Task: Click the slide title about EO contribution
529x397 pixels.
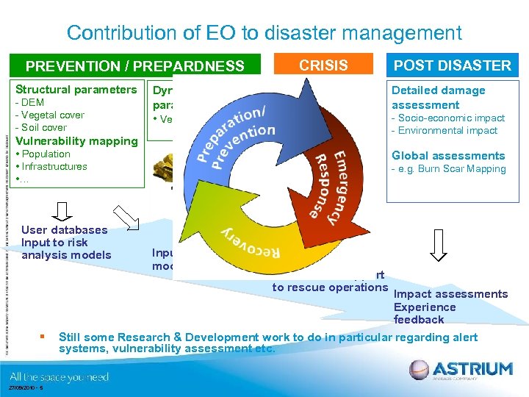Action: click(x=264, y=33)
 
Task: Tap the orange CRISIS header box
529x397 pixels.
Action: click(x=323, y=65)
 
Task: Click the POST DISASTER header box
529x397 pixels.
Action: click(x=452, y=65)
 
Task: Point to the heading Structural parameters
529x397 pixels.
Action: click(x=76, y=90)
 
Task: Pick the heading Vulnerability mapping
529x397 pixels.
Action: click(x=76, y=141)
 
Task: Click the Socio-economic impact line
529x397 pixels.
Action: click(x=448, y=118)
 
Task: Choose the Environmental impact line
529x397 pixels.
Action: click(x=445, y=130)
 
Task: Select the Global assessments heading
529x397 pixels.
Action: click(x=448, y=155)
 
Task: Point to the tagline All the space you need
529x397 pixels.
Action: click(x=60, y=377)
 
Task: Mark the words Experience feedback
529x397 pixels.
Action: click(x=424, y=313)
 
